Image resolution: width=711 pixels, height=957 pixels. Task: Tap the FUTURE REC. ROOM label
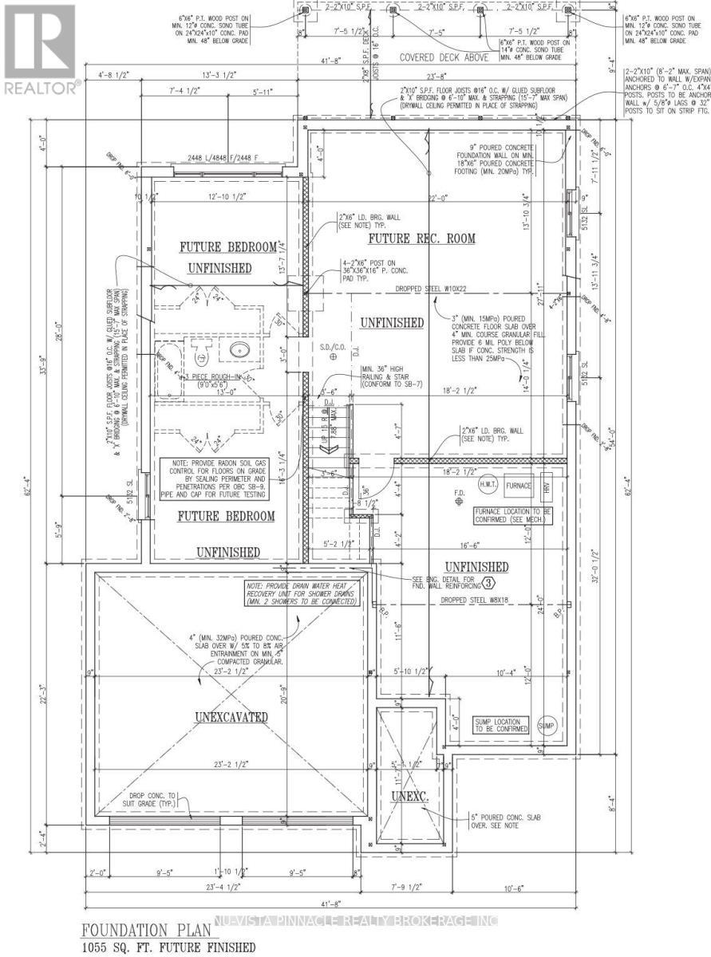421,238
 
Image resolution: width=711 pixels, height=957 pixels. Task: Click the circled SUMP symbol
547,727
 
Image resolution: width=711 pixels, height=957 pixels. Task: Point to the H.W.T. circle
488,485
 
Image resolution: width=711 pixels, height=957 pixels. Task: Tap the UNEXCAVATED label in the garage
231,717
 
